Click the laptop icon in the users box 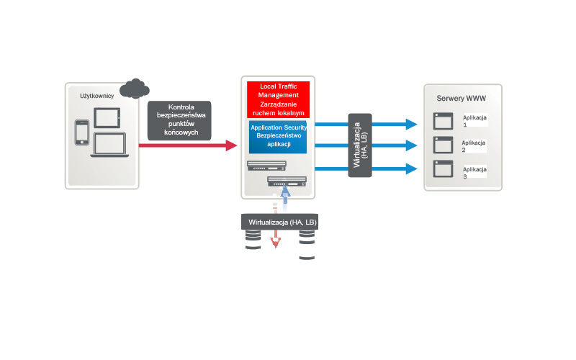click(109, 145)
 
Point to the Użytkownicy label click(96, 95)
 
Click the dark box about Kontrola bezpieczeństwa click(179, 120)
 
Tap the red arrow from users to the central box click(187, 145)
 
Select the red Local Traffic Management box click(278, 100)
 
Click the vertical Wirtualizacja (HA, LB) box click(360, 145)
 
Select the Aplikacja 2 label click(474, 146)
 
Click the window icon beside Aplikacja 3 click(442, 170)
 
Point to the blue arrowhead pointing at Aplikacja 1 click(411, 123)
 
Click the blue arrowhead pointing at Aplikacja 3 click(411, 168)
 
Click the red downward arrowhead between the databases click(274, 243)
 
